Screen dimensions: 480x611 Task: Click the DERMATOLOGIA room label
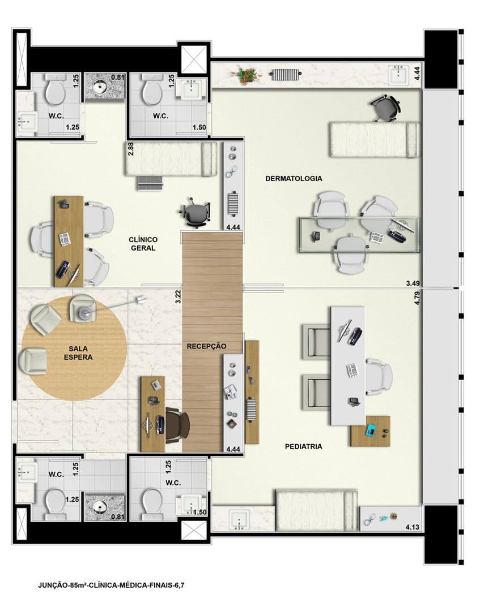point(294,178)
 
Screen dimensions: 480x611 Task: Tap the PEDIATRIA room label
point(303,446)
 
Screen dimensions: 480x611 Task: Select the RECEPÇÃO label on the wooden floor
point(206,346)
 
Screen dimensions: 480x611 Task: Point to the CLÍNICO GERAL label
point(143,243)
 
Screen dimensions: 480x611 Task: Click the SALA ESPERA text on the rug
point(78,352)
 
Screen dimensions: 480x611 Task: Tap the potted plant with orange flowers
point(248,75)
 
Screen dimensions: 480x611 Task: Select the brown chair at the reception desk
point(177,425)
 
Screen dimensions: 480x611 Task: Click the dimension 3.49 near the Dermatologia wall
point(413,283)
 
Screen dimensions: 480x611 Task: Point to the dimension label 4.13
point(412,527)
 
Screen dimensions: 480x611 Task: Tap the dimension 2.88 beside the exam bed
point(131,149)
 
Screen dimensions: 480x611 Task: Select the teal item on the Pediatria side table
point(370,430)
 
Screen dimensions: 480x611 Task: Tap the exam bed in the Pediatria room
point(316,510)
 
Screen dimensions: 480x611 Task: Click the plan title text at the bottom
point(111,585)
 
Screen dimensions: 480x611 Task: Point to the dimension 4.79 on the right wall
point(417,298)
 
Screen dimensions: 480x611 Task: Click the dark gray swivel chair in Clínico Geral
point(196,212)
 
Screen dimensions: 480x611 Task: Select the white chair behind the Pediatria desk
point(379,377)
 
